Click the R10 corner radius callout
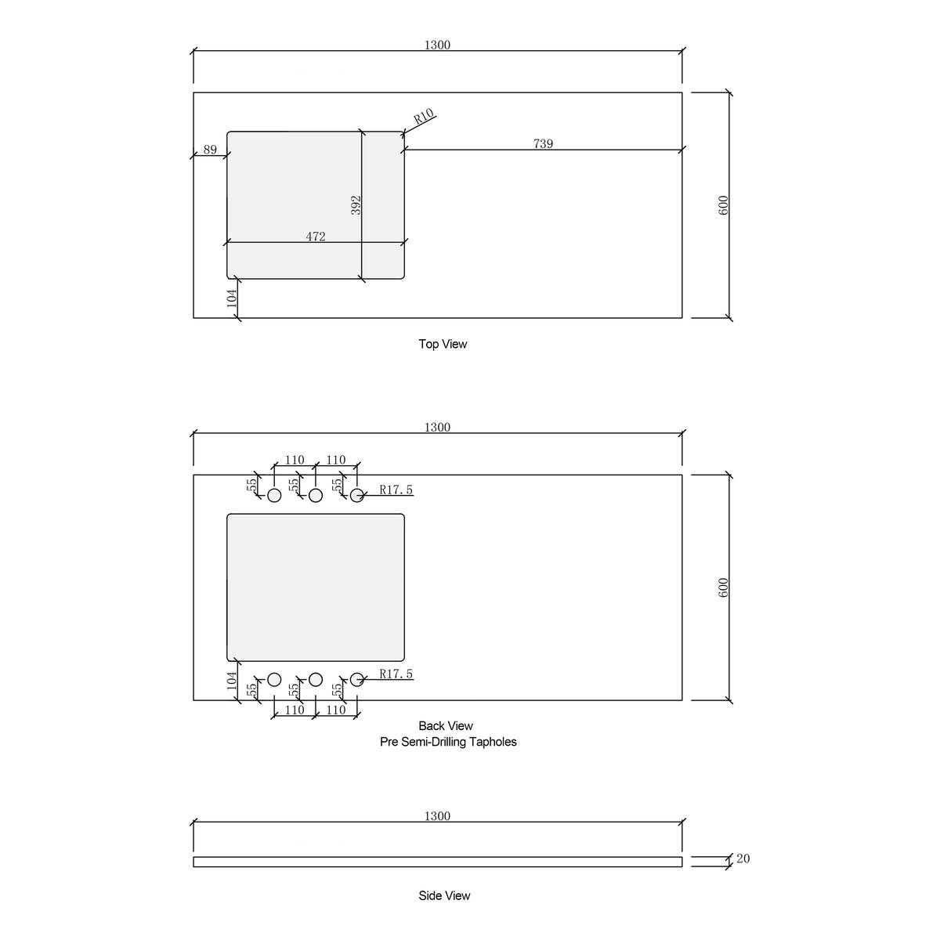pyautogui.click(x=424, y=116)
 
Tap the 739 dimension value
pyautogui.click(x=543, y=143)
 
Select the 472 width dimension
pyautogui.click(x=316, y=237)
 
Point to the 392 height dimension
pyautogui.click(x=356, y=205)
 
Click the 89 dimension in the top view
pyautogui.click(x=210, y=150)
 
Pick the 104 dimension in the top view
pyautogui.click(x=232, y=298)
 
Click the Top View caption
pyautogui.click(x=443, y=344)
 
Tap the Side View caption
pyautogui.click(x=444, y=895)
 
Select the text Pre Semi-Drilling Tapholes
pyautogui.click(x=448, y=742)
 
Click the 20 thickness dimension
pyautogui.click(x=743, y=858)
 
